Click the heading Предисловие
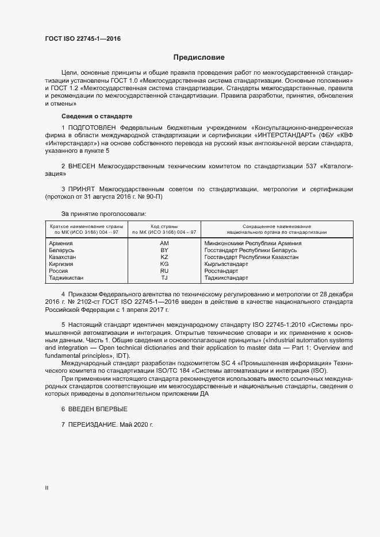click(199, 57)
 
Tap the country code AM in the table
click(164, 243)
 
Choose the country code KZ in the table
click(164, 257)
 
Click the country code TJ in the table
click(164, 278)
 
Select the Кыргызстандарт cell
click(227, 264)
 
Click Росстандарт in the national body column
click(221, 271)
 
